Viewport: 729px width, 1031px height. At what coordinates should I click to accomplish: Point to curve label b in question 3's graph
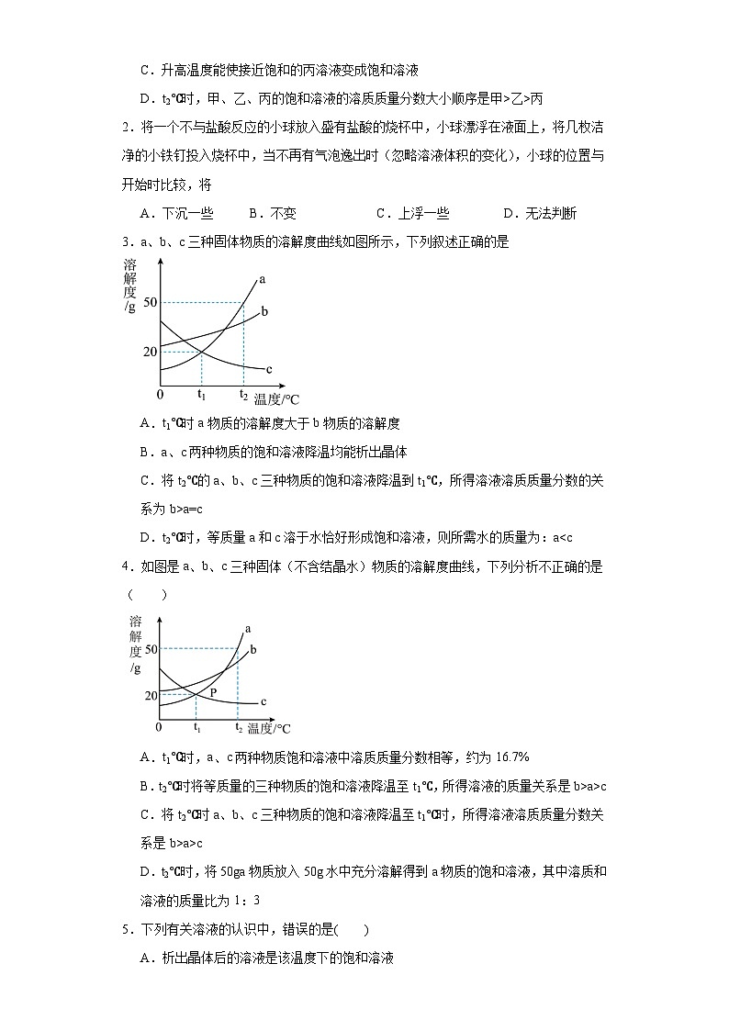(x=264, y=312)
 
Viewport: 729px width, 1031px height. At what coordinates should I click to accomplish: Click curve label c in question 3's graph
(x=269, y=369)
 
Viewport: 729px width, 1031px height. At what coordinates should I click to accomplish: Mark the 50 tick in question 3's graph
(x=150, y=302)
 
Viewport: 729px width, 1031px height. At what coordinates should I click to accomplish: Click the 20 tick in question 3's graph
(x=150, y=352)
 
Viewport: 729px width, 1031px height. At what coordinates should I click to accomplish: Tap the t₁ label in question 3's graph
(x=201, y=395)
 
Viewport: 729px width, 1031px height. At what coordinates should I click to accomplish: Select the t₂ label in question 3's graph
(x=243, y=395)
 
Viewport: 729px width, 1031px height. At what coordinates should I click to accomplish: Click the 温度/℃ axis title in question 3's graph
(x=277, y=398)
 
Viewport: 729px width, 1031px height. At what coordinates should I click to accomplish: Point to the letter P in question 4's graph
(x=213, y=691)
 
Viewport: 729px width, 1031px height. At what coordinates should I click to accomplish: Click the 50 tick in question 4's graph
(x=151, y=649)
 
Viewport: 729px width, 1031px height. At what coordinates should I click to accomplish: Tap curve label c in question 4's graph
(x=264, y=701)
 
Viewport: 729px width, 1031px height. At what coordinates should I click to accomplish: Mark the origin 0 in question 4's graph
(x=158, y=727)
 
